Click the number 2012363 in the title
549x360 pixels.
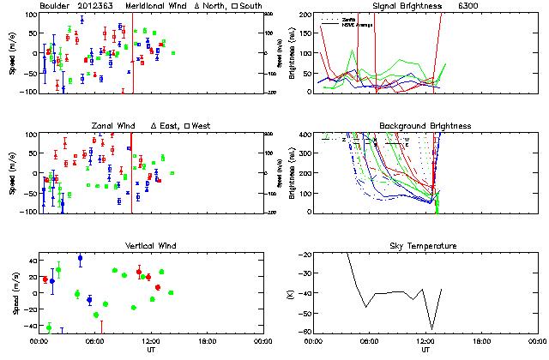coord(94,6)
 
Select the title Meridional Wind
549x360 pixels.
coord(155,6)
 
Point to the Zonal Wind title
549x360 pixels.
coord(113,126)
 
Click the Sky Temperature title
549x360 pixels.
coord(425,246)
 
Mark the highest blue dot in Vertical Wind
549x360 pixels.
coord(80,257)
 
